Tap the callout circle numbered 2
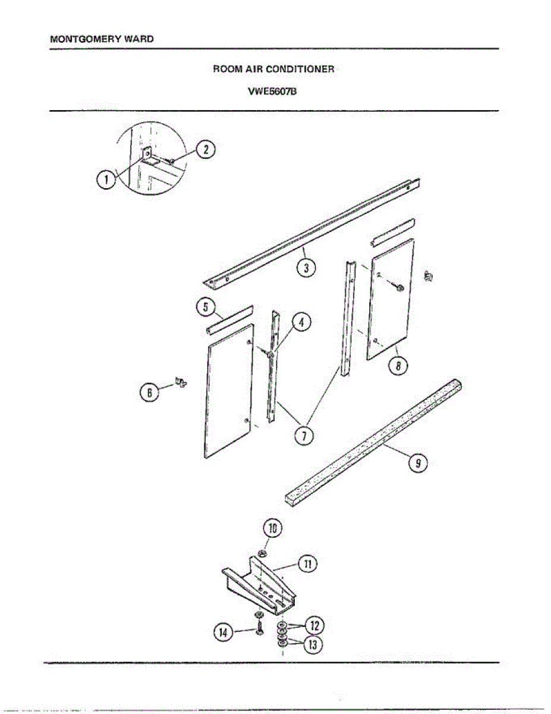[205, 149]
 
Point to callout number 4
[301, 323]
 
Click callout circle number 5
[205, 308]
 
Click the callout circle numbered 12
[313, 625]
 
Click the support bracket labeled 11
[262, 586]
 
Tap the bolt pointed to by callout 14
[259, 626]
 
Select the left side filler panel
[228, 393]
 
